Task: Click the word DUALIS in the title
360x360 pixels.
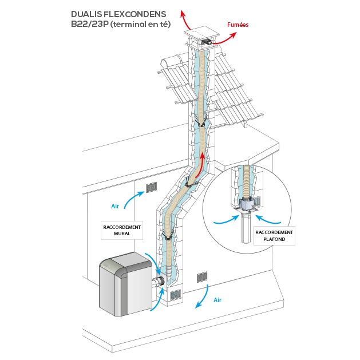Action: click(86, 14)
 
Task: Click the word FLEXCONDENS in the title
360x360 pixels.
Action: click(136, 14)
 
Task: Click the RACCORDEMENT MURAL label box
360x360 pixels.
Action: click(122, 230)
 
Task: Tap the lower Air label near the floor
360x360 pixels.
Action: click(217, 299)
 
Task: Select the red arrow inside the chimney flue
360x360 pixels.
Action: click(197, 169)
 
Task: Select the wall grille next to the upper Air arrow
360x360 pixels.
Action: click(151, 187)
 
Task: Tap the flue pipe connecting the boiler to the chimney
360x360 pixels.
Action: click(157, 282)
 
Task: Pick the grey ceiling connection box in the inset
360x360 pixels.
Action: click(247, 203)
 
